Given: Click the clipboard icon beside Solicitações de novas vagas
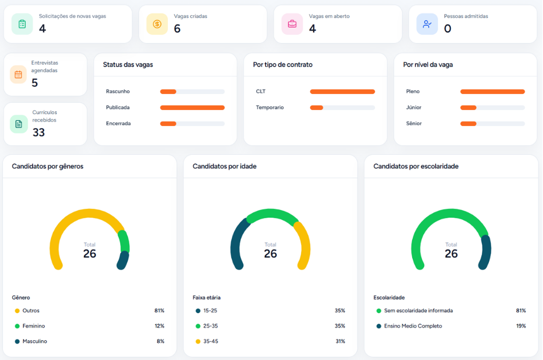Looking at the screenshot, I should (x=22, y=24).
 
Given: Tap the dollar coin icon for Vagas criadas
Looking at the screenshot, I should (x=157, y=24).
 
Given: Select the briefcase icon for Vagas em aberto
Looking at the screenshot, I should (x=292, y=24).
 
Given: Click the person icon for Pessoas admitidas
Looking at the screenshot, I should (x=427, y=24).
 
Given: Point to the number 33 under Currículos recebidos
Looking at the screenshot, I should (x=39, y=132).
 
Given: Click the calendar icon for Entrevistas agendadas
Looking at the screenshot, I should (x=18, y=75).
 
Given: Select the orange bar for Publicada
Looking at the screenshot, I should (x=192, y=108).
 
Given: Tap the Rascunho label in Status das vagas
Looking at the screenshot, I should (x=118, y=92).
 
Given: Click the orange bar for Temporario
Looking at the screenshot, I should (x=316, y=108).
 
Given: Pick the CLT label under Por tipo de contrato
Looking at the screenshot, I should (x=261, y=92).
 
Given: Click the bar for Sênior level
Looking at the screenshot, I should (x=468, y=124).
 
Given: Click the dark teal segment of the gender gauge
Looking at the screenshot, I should (x=123, y=260).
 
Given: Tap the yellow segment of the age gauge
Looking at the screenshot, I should (x=303, y=245).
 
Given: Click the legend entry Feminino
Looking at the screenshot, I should (x=33, y=326).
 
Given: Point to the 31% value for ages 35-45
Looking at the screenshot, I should (x=340, y=341).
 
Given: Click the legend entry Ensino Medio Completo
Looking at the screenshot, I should (x=413, y=326).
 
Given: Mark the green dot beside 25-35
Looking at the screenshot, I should (x=198, y=326).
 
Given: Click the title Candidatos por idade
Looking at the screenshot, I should (x=224, y=167).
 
